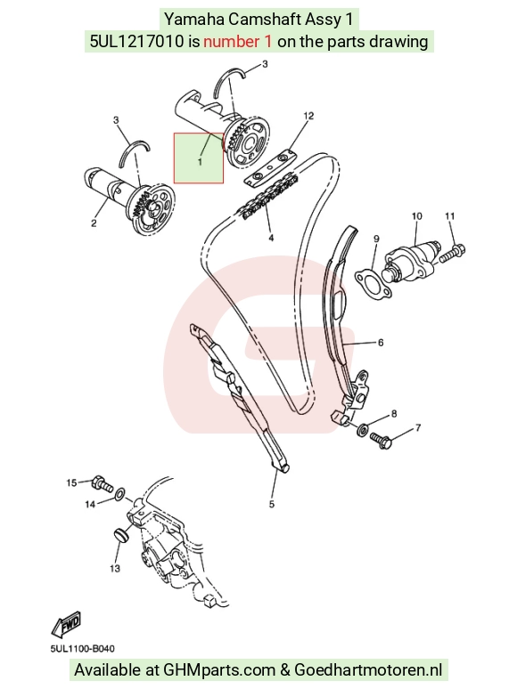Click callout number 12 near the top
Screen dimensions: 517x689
(308, 116)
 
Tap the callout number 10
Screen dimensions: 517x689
(416, 215)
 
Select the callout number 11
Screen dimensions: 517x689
(449, 215)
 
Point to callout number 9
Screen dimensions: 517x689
(376, 239)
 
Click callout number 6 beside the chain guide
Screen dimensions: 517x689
(381, 343)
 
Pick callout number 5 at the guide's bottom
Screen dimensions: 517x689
(272, 504)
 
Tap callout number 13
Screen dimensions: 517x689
(115, 569)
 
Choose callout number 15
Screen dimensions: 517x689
(71, 482)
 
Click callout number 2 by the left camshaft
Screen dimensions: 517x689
(94, 223)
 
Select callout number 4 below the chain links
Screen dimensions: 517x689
(271, 238)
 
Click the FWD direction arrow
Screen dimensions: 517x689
(66, 624)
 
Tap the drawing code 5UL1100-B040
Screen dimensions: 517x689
(82, 649)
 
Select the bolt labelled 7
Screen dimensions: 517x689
(381, 440)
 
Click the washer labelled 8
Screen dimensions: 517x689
(363, 429)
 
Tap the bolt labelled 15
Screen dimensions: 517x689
(103, 483)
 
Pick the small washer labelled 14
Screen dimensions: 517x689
(119, 496)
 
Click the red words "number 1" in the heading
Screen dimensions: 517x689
(238, 41)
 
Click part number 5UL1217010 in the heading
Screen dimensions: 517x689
(137, 41)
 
